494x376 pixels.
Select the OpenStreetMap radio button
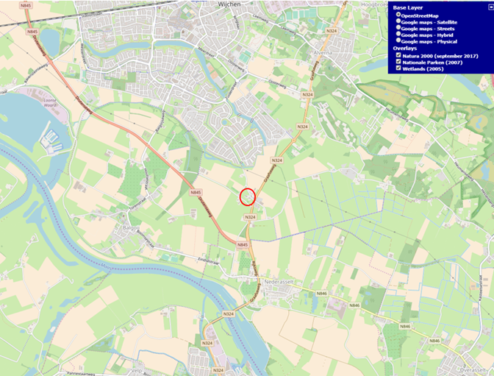tap(398, 15)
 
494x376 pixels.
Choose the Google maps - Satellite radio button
tap(398, 21)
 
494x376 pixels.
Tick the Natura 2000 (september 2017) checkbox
tap(398, 55)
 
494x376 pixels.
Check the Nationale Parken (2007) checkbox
tap(398, 62)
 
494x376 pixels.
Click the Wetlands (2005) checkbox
tap(398, 68)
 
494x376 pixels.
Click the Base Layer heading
tap(409, 7)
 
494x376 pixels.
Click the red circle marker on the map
tap(248, 196)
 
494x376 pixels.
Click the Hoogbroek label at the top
tap(370, 3)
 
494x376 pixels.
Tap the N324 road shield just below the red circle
tap(250, 217)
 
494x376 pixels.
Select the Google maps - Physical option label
tap(429, 41)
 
